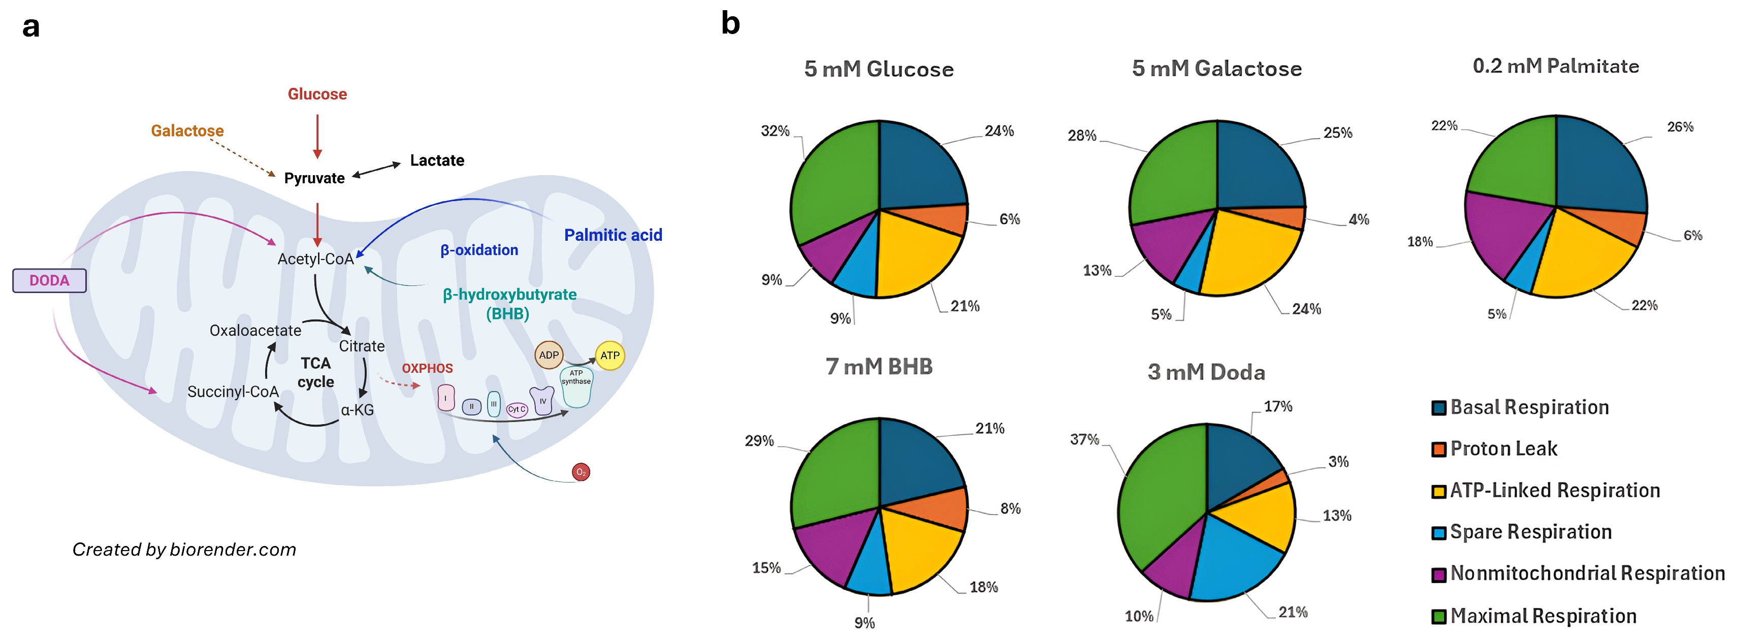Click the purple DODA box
(x=49, y=280)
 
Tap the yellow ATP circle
(x=609, y=356)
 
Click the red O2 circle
(x=581, y=472)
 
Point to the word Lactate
(x=437, y=160)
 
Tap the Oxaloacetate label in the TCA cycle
(x=255, y=331)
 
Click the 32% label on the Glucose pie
(x=775, y=131)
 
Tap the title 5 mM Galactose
(x=1216, y=68)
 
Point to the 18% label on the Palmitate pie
(x=1420, y=241)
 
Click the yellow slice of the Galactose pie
(x=1247, y=256)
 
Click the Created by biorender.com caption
(x=184, y=550)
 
